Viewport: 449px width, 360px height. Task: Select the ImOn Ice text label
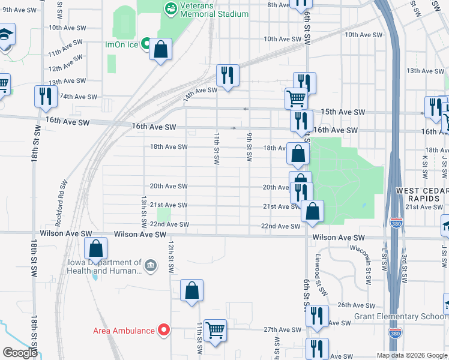122,44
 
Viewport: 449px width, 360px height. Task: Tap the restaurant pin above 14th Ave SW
228,76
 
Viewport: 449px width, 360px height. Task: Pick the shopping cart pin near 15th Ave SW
296,98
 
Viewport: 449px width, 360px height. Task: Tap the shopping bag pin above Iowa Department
95,248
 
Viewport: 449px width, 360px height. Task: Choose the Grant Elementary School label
408,317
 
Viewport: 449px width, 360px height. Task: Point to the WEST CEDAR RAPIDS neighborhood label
421,195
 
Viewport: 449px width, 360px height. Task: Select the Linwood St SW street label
319,274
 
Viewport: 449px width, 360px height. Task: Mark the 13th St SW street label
144,211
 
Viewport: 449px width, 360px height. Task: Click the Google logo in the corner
20,352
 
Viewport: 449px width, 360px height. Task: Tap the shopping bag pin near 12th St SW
191,290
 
